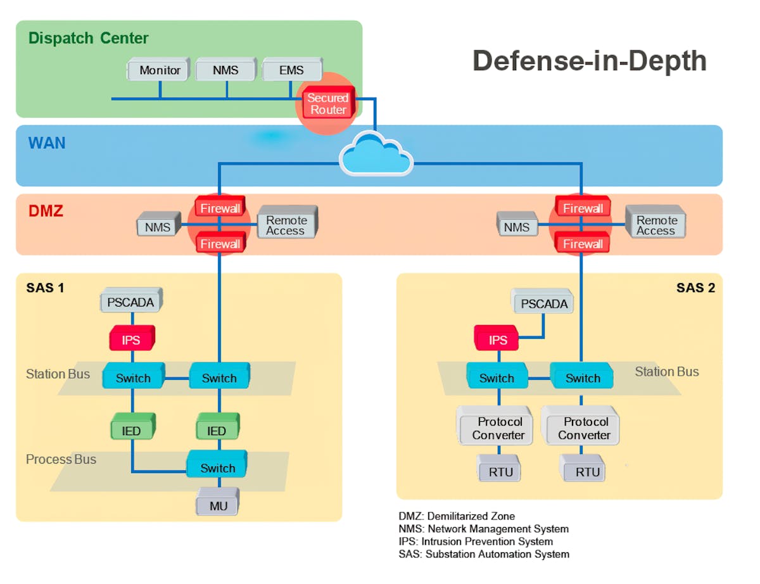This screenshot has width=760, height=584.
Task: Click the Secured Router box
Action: pyautogui.click(x=327, y=104)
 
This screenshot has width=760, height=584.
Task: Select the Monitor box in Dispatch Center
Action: pyautogui.click(x=160, y=70)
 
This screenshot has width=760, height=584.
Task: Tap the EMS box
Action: pyautogui.click(x=291, y=70)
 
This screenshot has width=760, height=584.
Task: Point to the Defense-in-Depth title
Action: pyautogui.click(x=589, y=61)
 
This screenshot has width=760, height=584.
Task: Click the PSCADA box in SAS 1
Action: pyautogui.click(x=130, y=302)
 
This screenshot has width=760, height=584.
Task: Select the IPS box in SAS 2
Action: pyautogui.click(x=498, y=340)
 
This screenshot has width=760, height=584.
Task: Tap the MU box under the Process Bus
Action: pyautogui.click(x=217, y=506)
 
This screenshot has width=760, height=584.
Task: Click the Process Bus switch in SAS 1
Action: pyautogui.click(x=217, y=468)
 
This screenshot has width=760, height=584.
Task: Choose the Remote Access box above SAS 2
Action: pyautogui.click(x=655, y=225)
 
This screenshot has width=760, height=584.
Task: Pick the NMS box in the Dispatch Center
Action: pyautogui.click(x=225, y=70)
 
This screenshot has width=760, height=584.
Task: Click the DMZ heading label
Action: pyautogui.click(x=46, y=211)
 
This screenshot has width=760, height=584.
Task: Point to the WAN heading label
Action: pyautogui.click(x=47, y=143)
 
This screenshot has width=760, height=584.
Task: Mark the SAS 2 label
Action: pyautogui.click(x=695, y=288)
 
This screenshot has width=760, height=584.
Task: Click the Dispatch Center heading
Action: pyautogui.click(x=89, y=38)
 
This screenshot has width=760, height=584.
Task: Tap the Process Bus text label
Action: pyautogui.click(x=61, y=459)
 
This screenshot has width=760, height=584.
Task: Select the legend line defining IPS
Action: pyautogui.click(x=475, y=542)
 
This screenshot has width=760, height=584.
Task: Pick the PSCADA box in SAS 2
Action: pyautogui.click(x=544, y=303)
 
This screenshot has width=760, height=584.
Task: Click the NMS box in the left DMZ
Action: pyautogui.click(x=158, y=226)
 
